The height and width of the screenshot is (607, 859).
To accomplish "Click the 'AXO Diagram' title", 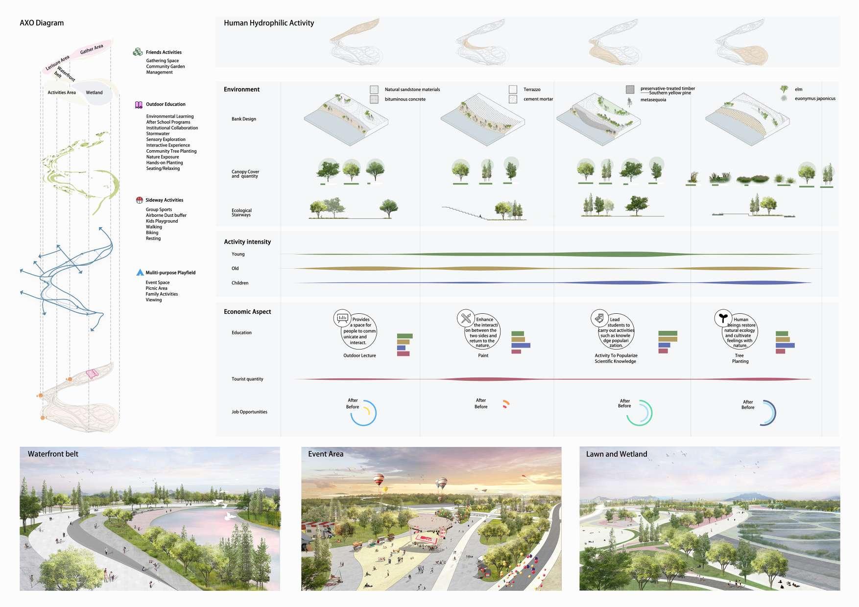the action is [x=42, y=23].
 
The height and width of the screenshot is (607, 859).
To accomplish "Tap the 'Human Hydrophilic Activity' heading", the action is [x=269, y=23].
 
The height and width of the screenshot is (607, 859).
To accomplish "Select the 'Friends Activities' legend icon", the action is [x=138, y=52].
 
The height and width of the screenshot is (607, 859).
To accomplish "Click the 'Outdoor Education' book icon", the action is [x=139, y=104].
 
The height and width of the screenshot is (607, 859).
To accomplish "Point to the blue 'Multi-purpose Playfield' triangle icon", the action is [x=140, y=273].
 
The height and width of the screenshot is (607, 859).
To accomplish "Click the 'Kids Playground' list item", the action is [x=162, y=221].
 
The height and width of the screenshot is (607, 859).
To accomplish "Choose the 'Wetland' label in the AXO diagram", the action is [x=94, y=93].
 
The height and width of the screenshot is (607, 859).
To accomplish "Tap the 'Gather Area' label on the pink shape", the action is [x=92, y=49].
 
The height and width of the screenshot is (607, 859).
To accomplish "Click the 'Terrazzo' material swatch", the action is [x=513, y=89].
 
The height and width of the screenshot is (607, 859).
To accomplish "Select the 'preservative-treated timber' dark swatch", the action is [x=630, y=89].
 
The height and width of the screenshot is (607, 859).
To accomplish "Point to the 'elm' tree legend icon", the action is [x=784, y=89].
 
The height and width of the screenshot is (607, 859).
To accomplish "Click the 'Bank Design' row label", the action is [x=243, y=119].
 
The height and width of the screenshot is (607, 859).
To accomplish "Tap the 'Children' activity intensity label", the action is [x=239, y=283].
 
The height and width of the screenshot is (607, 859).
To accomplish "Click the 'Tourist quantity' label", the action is [x=247, y=379].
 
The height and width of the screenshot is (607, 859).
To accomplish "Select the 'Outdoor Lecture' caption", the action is [x=359, y=355].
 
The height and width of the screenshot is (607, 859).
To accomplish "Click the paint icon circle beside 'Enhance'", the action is [x=465, y=318].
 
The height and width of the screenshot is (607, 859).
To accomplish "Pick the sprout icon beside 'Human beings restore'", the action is [x=722, y=318].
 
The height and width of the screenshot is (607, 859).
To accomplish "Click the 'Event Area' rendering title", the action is [x=326, y=454].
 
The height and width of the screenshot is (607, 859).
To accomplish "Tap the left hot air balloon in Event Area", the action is [x=379, y=479].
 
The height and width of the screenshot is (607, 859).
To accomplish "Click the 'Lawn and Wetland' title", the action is [x=616, y=454].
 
